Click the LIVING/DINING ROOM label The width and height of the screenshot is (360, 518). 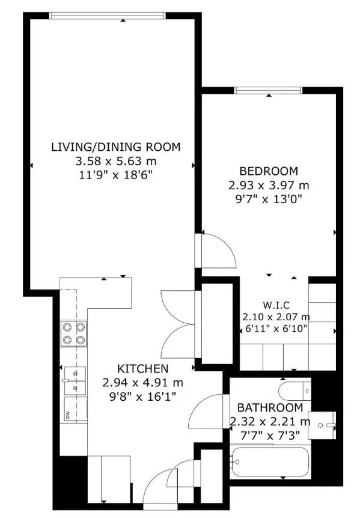tap(116, 147)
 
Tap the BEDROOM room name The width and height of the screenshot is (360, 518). tap(269, 171)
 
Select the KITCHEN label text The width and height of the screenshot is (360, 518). tap(143, 368)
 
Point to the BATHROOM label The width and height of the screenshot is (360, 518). tap(270, 407)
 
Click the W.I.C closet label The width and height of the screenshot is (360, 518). tap(276, 305)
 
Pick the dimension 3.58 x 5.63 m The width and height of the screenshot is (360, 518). tap(116, 161)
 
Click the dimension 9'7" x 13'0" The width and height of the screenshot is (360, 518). tap(269, 199)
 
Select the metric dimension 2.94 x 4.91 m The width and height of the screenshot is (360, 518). tap(142, 383)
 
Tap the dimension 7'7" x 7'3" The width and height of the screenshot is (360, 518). tap(270, 436)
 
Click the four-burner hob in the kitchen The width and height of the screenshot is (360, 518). tap(73, 334)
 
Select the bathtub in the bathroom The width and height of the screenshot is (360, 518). tap(270, 462)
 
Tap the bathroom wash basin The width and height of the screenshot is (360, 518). tap(322, 425)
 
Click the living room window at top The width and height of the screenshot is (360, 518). tap(107, 16)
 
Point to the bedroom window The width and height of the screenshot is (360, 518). tap(268, 90)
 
